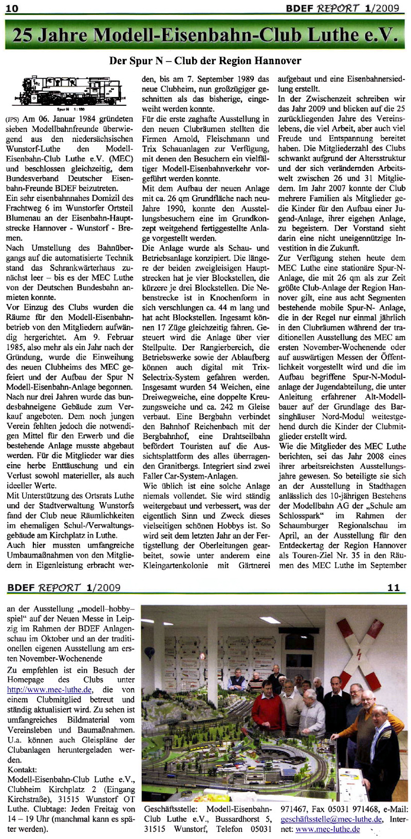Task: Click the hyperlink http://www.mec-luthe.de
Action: [x=49, y=690]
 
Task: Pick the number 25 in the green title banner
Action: [x=24, y=34]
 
